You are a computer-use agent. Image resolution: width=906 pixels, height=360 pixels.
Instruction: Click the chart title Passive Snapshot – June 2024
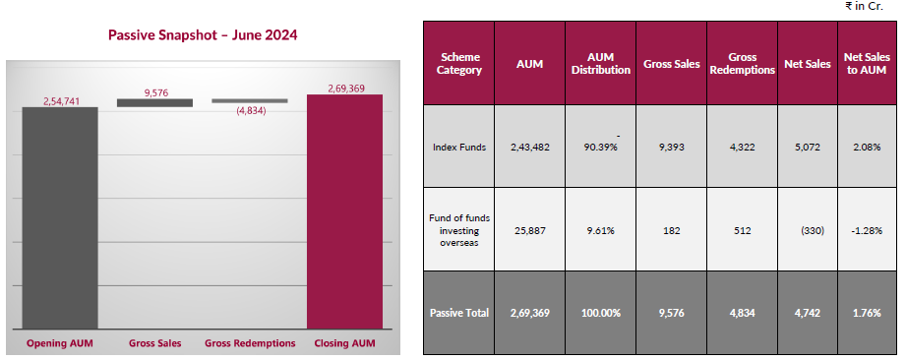coord(202,34)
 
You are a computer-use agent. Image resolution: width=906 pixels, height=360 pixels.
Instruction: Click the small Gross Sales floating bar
coord(154,102)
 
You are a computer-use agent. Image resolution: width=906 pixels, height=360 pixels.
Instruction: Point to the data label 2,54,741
coord(60,100)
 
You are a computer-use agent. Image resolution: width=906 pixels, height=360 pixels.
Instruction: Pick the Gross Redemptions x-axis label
coord(250,343)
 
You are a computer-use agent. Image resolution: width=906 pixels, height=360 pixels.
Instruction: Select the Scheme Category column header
coord(460,64)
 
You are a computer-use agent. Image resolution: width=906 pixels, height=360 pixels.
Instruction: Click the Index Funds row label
coord(460,147)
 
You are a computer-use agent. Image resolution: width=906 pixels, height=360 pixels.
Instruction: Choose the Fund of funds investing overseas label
coord(460,230)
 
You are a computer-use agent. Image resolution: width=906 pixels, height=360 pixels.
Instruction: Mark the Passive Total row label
coord(460,314)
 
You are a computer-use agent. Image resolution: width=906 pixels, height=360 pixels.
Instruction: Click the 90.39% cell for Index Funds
coord(601,148)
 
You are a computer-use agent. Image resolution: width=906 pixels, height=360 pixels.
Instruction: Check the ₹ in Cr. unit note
coord(864,7)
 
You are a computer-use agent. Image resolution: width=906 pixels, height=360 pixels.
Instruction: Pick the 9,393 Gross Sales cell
coord(670,147)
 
